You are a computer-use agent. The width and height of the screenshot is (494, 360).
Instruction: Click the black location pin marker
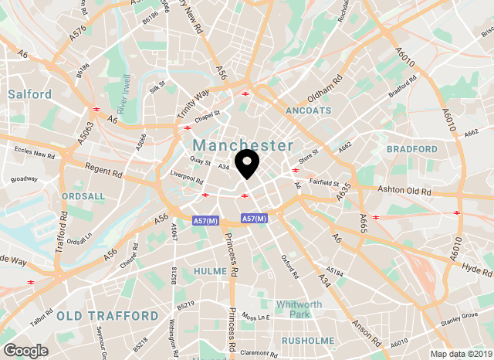tap(247, 163)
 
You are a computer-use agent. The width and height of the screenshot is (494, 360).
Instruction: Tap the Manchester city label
tap(243, 145)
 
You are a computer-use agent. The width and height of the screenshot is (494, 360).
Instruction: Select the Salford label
tap(29, 94)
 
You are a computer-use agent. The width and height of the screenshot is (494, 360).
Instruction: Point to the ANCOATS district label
tap(308, 110)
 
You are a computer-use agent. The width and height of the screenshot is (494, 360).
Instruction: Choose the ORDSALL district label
tap(83, 196)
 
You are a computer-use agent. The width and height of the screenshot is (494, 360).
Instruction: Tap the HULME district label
tap(211, 271)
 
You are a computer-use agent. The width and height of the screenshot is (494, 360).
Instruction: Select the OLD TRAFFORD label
tap(107, 316)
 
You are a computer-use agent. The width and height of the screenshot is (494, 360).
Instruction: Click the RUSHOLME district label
tap(308, 340)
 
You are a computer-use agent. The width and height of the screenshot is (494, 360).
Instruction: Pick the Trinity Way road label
tap(194, 103)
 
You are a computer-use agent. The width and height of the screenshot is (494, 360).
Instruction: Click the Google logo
tap(25, 350)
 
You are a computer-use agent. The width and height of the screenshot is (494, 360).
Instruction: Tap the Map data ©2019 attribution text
tap(460, 355)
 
